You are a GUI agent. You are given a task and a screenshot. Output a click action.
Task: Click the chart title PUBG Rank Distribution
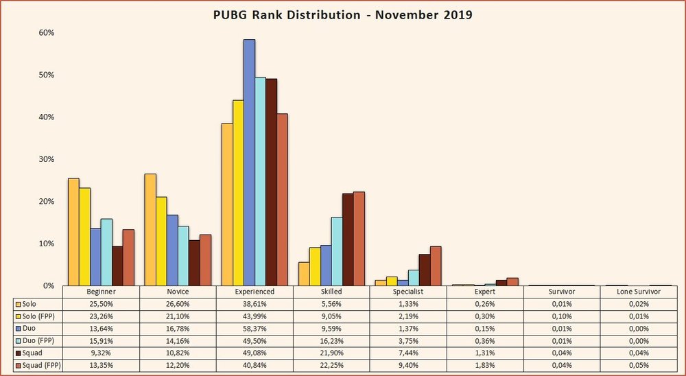pyautogui.click(x=343, y=14)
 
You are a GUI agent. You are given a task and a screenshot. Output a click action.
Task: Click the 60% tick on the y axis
pyautogui.click(x=45, y=33)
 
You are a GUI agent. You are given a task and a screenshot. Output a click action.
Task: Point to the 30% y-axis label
pyautogui.click(x=45, y=159)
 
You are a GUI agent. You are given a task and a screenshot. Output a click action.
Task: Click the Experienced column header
pyautogui.click(x=255, y=292)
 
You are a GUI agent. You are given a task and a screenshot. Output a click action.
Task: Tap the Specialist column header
pyautogui.click(x=408, y=292)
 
